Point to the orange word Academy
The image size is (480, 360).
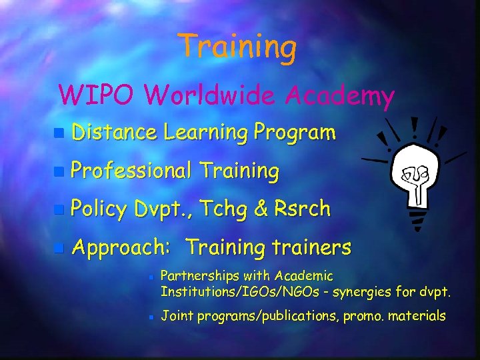point(340,97)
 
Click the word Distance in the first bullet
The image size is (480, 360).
point(114,133)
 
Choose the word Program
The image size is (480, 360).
point(294,133)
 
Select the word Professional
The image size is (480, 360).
point(131,171)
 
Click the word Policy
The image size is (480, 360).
point(99,209)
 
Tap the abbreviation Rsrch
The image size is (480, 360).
point(303,209)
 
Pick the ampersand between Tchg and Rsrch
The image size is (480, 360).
point(262,209)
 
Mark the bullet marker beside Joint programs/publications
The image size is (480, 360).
point(151,317)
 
